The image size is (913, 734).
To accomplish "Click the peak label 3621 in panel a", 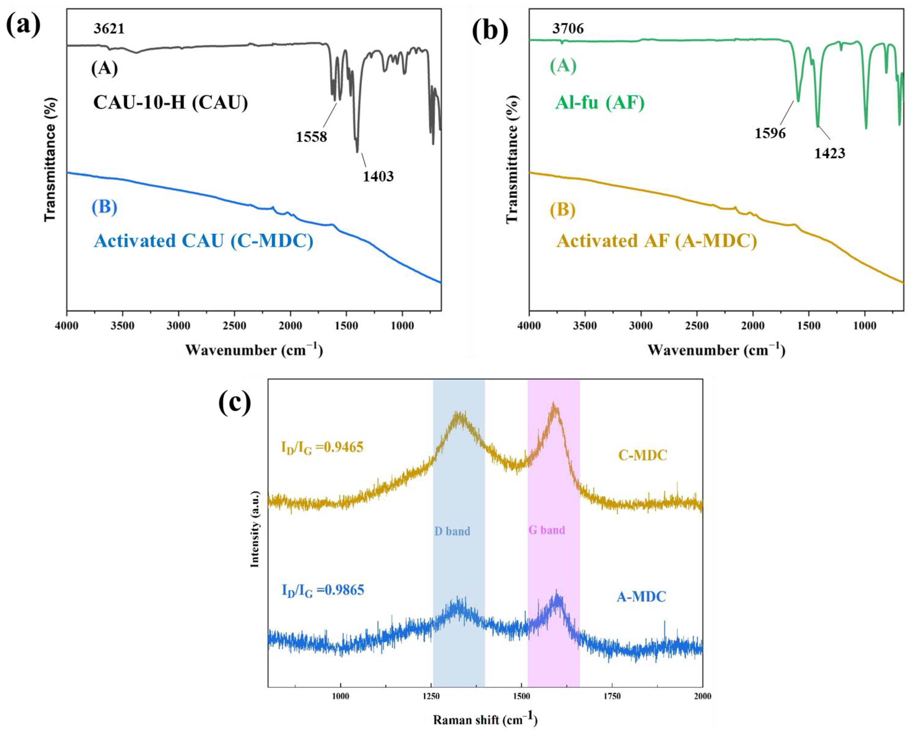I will tap(109, 29).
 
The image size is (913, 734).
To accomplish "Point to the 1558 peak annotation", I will tap(311, 136).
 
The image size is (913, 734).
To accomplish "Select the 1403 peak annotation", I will tap(378, 176).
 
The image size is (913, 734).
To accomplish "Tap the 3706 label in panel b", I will tap(568, 29).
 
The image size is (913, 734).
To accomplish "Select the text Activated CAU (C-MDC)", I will tap(204, 241).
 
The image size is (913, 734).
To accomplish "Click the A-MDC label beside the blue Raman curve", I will tap(641, 597).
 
